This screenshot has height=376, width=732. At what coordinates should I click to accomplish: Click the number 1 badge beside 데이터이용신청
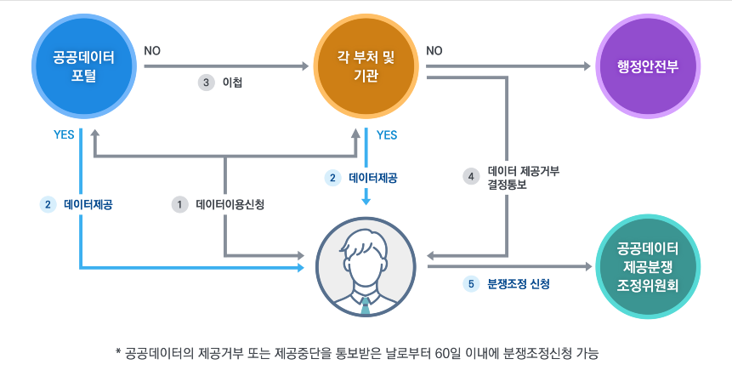[x=179, y=204]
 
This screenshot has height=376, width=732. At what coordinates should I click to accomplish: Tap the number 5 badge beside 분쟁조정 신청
[x=472, y=283]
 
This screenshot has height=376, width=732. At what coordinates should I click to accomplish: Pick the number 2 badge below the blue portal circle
[x=48, y=204]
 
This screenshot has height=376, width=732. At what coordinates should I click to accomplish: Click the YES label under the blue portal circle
[x=65, y=134]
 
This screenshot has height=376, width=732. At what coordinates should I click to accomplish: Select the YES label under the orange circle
[x=387, y=134]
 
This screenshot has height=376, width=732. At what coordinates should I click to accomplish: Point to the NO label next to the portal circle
[x=153, y=51]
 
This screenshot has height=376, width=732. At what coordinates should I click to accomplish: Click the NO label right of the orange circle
[x=434, y=51]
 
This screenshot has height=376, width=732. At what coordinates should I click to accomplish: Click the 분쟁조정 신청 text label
[x=519, y=283]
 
